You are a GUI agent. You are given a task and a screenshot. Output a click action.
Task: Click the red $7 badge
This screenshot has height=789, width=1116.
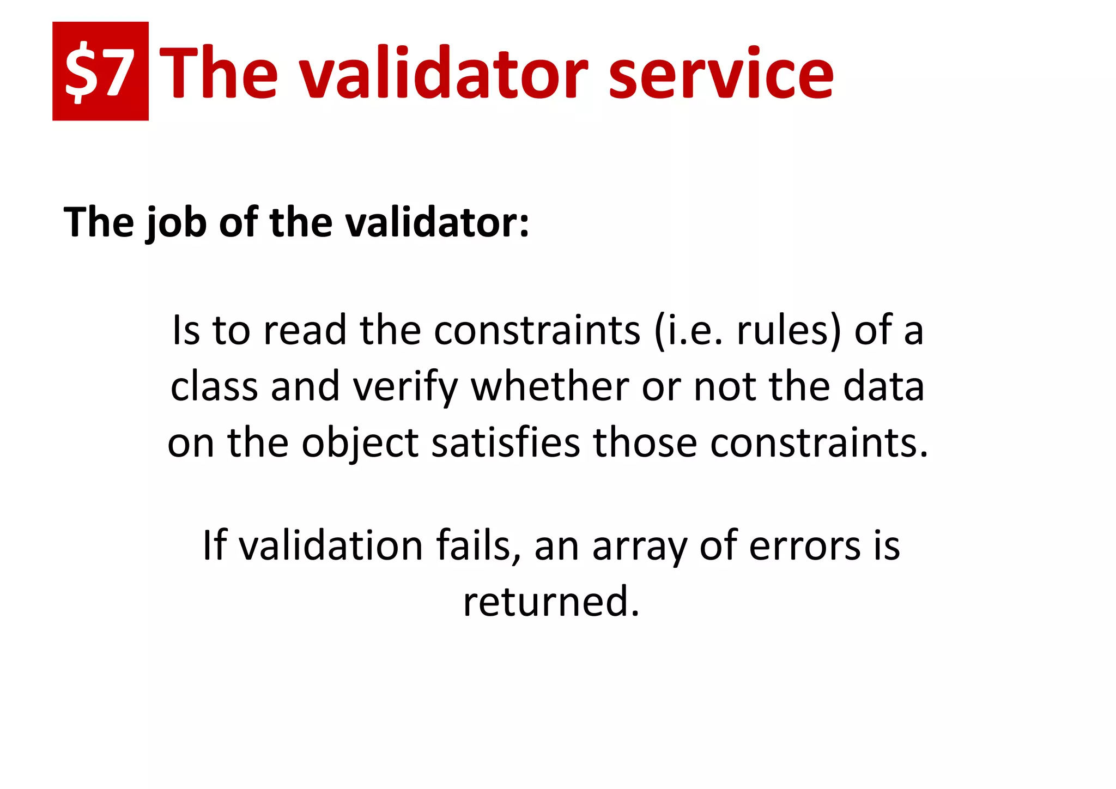click(100, 71)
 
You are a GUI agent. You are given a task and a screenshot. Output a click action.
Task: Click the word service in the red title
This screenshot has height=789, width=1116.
click(720, 74)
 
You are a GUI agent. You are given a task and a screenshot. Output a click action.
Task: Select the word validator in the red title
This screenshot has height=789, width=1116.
click(445, 74)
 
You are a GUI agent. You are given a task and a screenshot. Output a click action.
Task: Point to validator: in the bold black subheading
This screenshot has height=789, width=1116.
click(436, 223)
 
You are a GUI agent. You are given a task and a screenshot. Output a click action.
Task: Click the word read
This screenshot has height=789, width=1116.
click(305, 330)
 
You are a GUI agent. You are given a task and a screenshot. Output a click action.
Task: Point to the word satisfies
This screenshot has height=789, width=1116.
click(506, 442)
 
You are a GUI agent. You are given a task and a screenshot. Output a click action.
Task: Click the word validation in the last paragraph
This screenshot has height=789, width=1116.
click(331, 545)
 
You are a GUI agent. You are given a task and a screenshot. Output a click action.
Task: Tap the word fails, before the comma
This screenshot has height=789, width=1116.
click(478, 545)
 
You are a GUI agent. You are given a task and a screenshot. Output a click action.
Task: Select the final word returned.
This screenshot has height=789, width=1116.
click(550, 602)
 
